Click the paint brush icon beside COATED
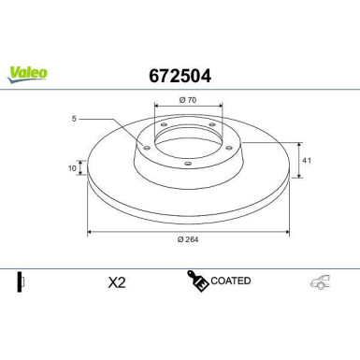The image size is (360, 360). tap(197, 281)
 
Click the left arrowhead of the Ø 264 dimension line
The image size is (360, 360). tap(90, 230)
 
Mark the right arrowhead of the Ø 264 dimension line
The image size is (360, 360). tap(286, 230)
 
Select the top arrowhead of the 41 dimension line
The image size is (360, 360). tap(298, 144)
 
